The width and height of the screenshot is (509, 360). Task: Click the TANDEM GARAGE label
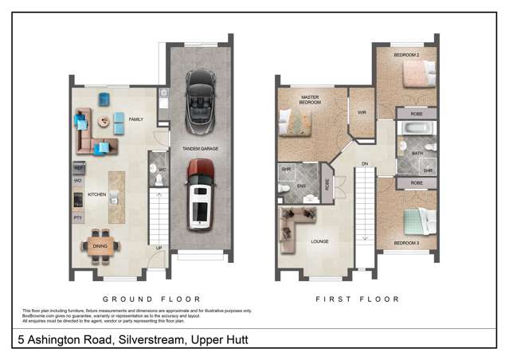click(199, 149)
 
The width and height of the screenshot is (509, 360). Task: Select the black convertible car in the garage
click(198, 103)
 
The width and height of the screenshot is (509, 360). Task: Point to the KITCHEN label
click(96, 194)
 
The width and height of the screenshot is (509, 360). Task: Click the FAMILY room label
click(135, 119)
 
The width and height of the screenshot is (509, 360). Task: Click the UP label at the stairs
click(159, 248)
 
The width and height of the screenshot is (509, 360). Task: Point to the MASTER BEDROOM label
click(309, 101)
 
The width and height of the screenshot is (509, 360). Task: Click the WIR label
click(361, 112)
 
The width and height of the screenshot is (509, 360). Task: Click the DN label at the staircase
click(365, 165)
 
